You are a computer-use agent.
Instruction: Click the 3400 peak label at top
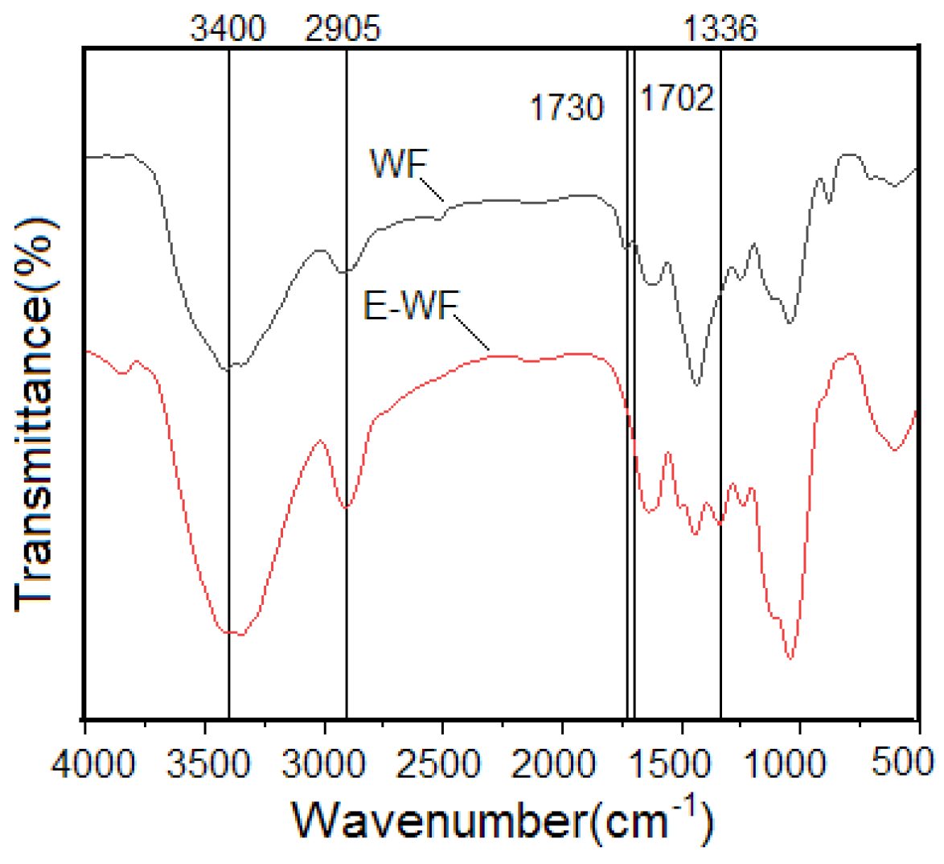coord(228,30)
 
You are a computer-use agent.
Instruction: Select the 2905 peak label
coord(343,30)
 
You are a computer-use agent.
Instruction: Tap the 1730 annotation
coord(566,107)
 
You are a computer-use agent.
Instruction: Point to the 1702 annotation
coord(677,98)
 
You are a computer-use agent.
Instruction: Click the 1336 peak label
coord(720,30)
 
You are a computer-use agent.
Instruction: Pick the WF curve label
coord(397,165)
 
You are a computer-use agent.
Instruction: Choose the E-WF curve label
coord(410,307)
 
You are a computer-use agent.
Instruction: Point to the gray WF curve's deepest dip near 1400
coord(696,385)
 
